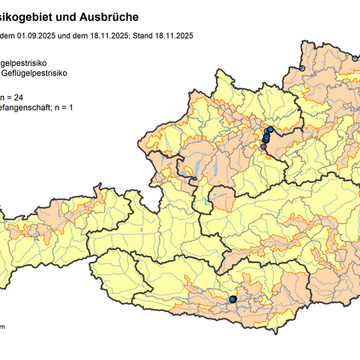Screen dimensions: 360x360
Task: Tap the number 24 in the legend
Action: (x=24, y=97)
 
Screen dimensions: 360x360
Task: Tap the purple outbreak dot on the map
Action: (x=263, y=147)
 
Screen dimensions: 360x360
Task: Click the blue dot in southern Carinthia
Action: (x=232, y=299)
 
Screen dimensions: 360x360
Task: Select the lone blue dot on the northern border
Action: (x=302, y=68)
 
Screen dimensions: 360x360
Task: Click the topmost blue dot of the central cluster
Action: (x=270, y=130)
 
